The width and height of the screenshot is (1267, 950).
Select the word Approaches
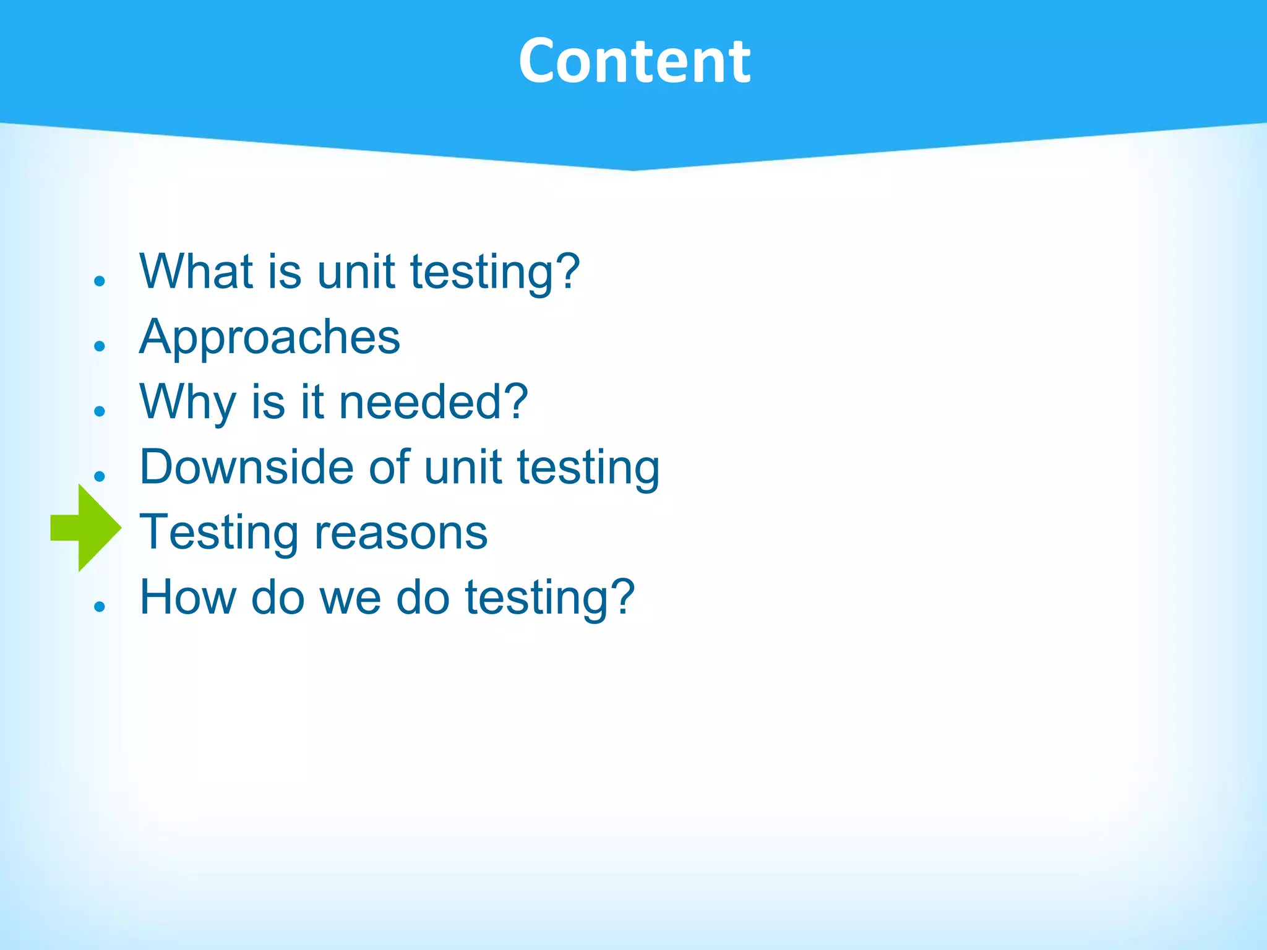click(270, 338)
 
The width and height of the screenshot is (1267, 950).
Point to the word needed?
click(433, 402)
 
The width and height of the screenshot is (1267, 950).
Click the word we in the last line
click(350, 597)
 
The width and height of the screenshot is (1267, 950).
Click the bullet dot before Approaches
click(100, 346)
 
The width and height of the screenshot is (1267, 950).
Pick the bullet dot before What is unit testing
click(100, 281)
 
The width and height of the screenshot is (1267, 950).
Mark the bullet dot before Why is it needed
click(100, 411)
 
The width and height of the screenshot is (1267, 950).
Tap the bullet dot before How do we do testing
click(100, 606)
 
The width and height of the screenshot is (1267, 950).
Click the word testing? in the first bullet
click(495, 272)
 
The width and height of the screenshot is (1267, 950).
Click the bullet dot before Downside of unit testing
click(100, 476)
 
